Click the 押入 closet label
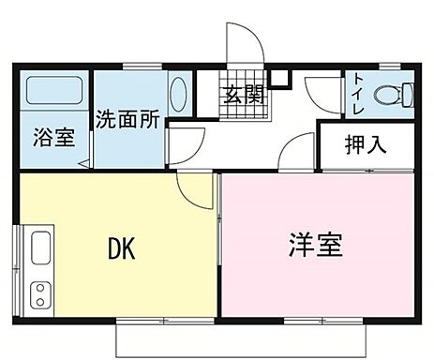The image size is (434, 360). [367, 145]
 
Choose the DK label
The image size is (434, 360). [123, 248]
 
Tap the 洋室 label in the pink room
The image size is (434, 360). [314, 246]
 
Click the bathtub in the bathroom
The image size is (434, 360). [52, 92]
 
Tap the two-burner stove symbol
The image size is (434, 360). [40, 293]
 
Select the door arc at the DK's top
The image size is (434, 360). [195, 192]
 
